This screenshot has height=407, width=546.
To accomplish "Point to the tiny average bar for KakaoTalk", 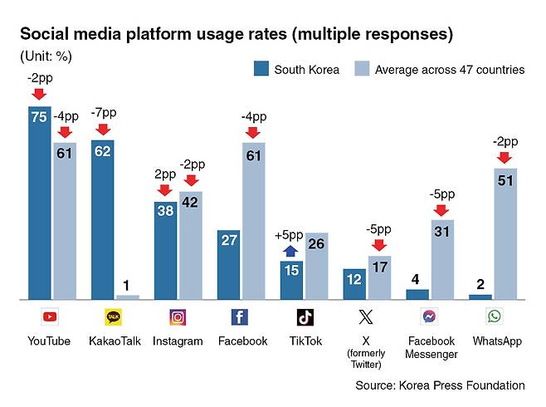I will coord(128,297).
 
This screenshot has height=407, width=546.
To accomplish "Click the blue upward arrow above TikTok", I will coord(291,250).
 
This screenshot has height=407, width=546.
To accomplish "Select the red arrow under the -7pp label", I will coord(103,129).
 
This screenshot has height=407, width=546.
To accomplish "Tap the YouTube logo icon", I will coord(51,316).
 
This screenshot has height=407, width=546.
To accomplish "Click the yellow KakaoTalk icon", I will coord(114,316).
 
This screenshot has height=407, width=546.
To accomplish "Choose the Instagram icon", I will coord(178,316).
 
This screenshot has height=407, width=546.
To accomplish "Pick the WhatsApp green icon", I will coord(495,316).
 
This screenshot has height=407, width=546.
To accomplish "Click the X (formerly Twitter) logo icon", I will coord(366,316).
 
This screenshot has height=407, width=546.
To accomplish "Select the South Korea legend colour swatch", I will coord(263,69).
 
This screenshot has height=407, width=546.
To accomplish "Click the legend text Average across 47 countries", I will coord(449,70).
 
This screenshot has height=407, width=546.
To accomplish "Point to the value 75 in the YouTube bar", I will coord(39,118).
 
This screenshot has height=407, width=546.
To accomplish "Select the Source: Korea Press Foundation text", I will coord(440,385).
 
